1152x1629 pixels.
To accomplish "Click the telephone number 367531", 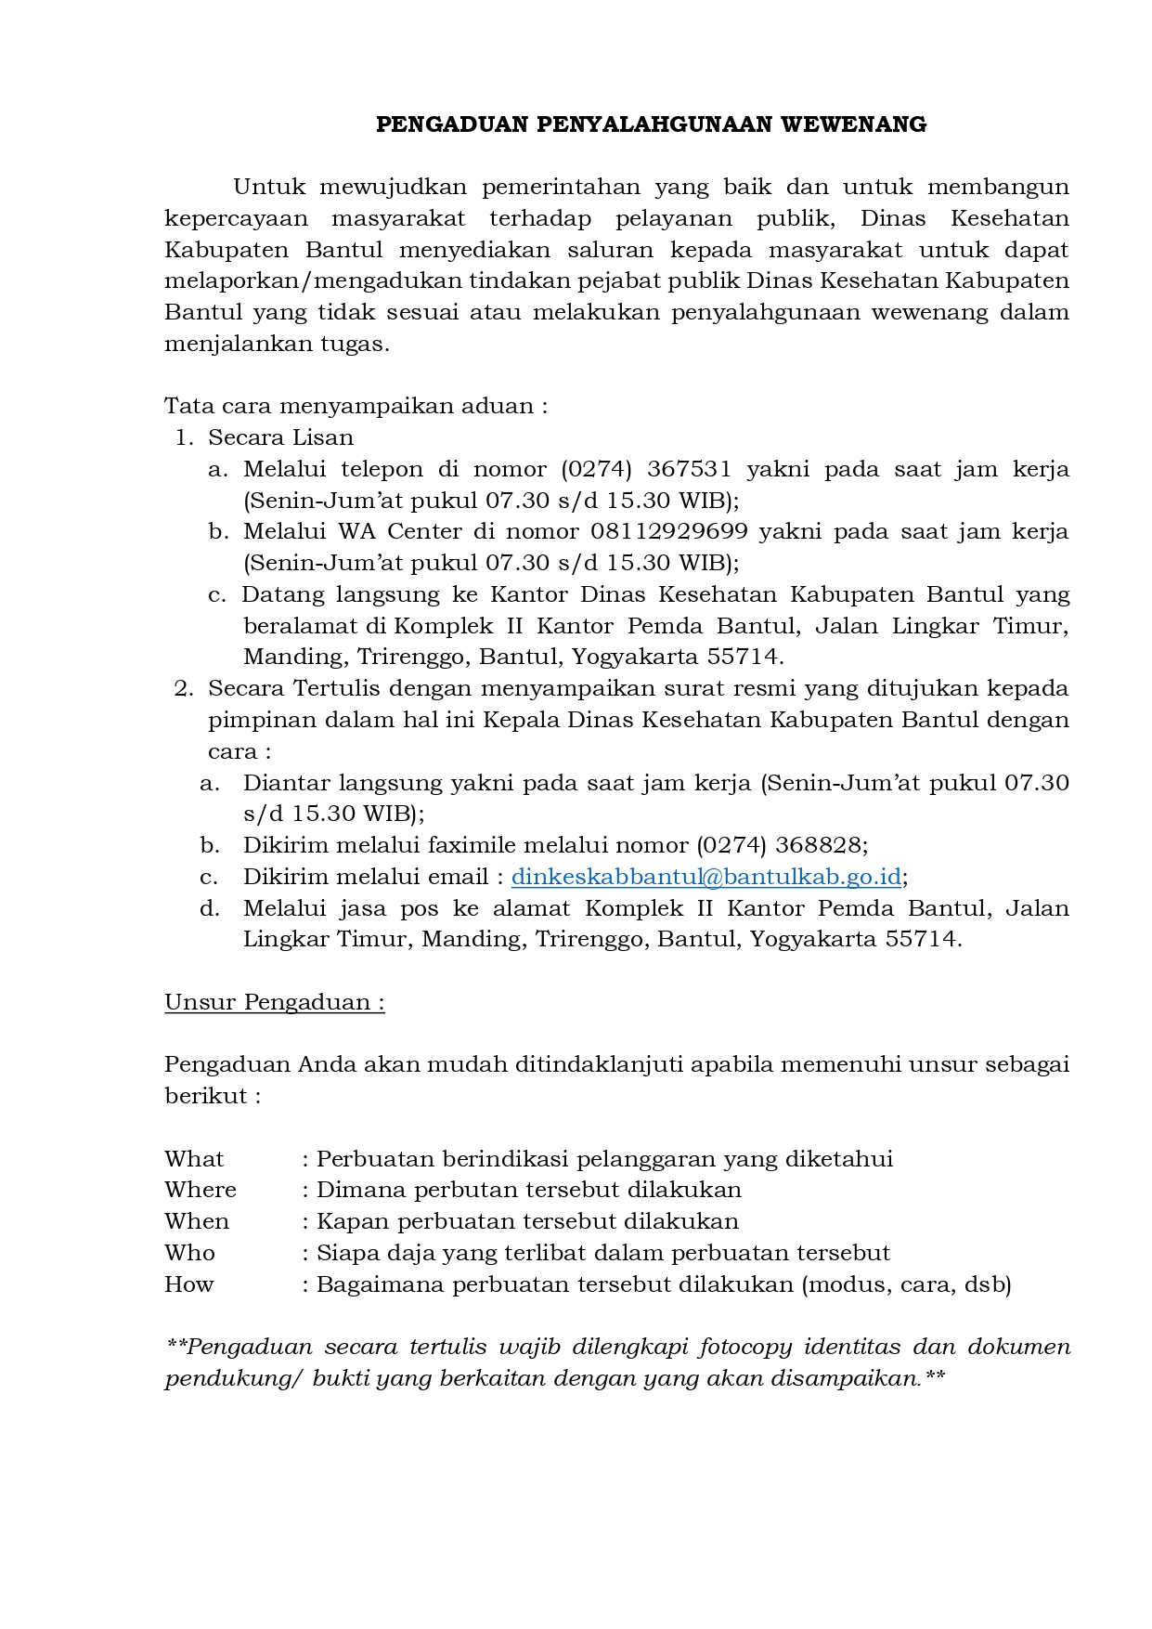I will [689, 469].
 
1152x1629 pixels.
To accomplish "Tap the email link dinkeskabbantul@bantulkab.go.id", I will [706, 877].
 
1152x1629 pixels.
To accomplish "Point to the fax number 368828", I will [821, 845].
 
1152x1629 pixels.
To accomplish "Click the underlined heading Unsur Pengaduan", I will [274, 1002].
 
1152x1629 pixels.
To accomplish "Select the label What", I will [194, 1159].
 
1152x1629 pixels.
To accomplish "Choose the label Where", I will [201, 1190].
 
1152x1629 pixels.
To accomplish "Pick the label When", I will [197, 1221].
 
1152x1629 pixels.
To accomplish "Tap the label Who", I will [189, 1253].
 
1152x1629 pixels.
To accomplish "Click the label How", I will [189, 1284].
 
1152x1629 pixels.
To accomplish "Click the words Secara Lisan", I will [280, 437].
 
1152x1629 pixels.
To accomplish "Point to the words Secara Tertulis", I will [294, 688].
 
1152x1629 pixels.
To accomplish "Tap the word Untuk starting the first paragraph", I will [269, 187].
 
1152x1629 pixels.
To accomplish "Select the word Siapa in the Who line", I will [344, 1253].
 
